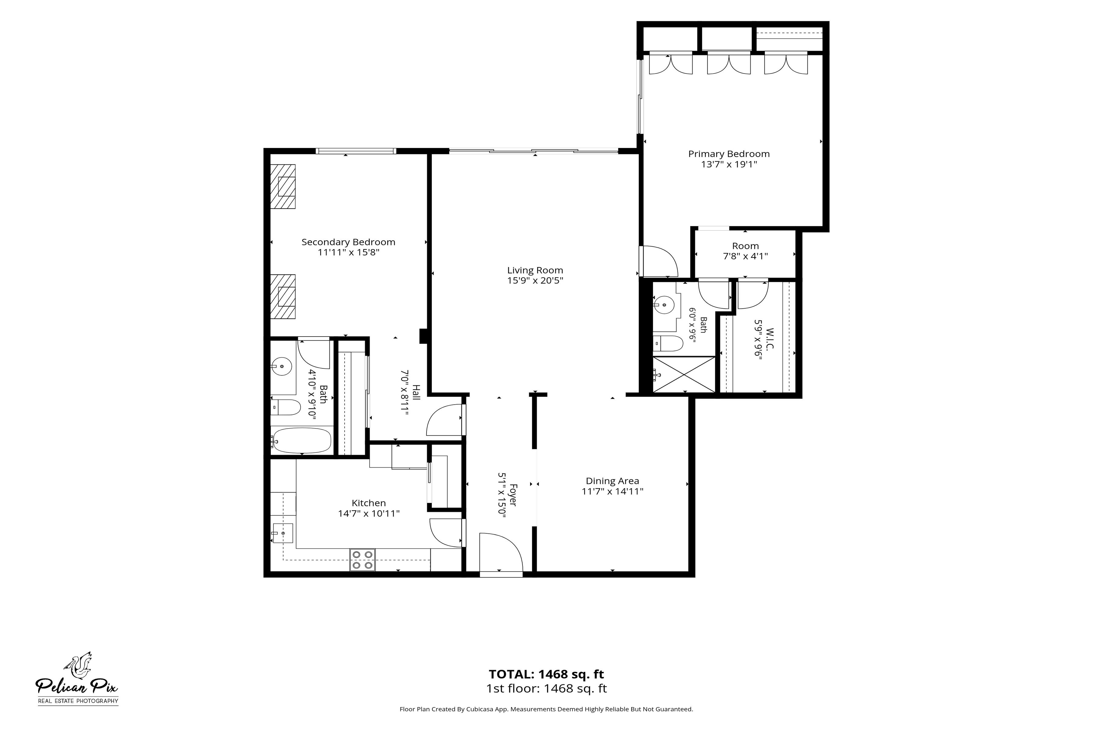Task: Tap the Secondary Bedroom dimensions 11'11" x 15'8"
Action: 349,252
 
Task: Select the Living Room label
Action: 535,270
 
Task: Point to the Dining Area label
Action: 612,481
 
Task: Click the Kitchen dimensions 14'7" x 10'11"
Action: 369,514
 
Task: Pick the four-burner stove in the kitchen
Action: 363,560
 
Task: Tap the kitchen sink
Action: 283,533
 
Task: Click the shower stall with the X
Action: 684,374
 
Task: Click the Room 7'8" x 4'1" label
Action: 745,251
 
